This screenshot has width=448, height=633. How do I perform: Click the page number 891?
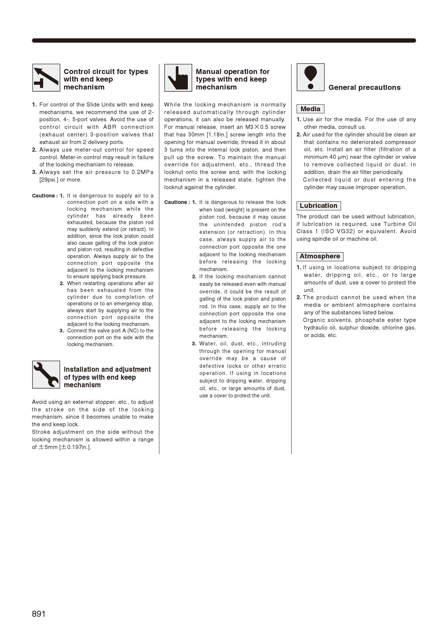click(39, 614)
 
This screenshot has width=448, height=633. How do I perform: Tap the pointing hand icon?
click(178, 78)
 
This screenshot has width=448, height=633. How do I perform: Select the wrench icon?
click(46, 375)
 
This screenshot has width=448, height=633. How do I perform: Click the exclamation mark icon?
click(310, 77)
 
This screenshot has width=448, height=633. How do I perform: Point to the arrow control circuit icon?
click(46, 78)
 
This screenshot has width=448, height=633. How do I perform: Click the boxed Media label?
click(310, 109)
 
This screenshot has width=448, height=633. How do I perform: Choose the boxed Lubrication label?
click(318, 206)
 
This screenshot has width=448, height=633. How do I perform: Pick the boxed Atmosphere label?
click(320, 257)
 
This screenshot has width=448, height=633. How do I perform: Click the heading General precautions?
click(364, 88)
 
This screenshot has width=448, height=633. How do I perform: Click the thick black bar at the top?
click(224, 40)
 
